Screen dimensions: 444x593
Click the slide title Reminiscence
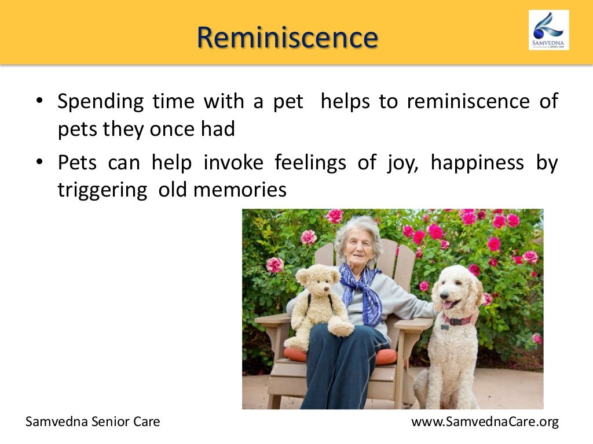(287, 38)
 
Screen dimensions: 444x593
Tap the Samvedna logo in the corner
(548, 29)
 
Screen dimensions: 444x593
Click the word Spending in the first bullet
(100, 102)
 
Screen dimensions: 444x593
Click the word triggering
(102, 190)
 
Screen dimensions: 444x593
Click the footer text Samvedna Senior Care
(93, 422)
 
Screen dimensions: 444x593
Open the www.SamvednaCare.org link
(485, 422)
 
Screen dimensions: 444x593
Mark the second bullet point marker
(39, 164)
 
